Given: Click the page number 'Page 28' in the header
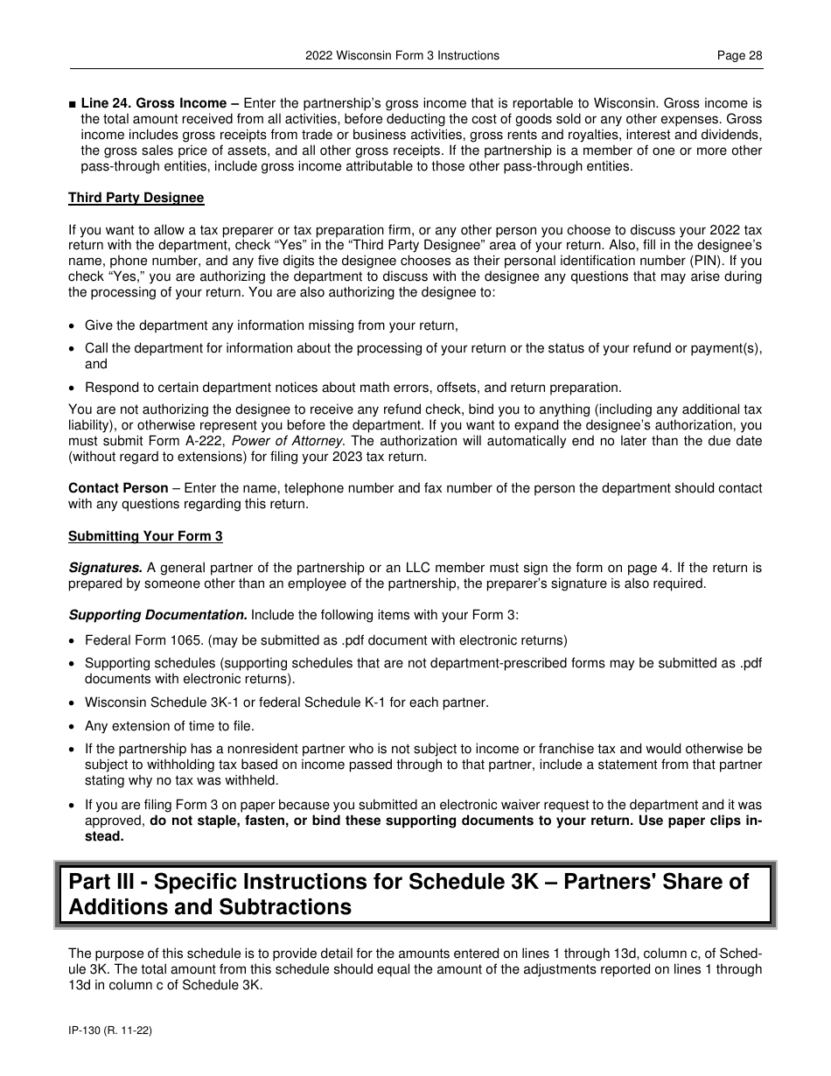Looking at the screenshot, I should (x=739, y=55).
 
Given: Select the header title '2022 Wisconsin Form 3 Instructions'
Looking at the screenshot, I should (x=402, y=55).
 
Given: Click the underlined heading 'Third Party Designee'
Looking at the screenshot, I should (x=136, y=198).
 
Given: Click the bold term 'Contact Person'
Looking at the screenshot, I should (x=118, y=488).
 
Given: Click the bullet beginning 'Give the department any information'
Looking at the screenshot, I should (x=271, y=325).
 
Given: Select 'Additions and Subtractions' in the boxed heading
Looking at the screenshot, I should (x=210, y=907).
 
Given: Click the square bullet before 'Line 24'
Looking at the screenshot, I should (x=73, y=103).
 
